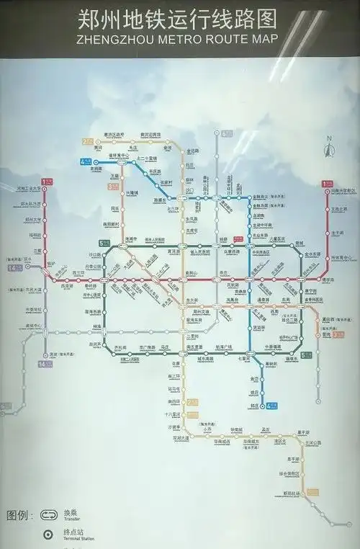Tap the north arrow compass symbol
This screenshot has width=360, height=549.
click(328, 148)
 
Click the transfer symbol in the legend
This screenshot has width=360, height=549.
click(48, 516)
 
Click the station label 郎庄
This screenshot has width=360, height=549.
click(253, 406)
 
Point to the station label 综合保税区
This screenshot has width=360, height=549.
click(289, 473)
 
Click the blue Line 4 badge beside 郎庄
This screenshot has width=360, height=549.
click(272, 406)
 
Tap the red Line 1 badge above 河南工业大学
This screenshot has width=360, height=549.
click(48, 182)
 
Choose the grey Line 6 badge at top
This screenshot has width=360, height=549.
click(228, 133)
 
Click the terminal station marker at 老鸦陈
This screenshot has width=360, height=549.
click(96, 162)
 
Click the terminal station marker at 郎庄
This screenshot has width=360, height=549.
click(262, 406)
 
